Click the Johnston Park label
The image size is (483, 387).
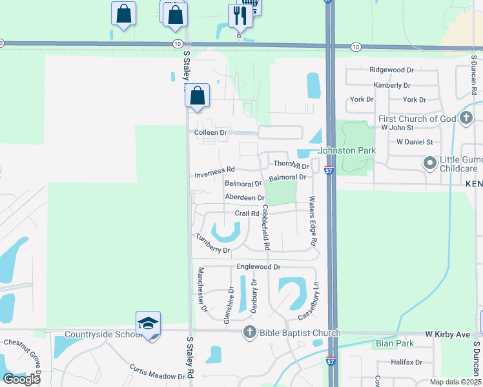pyautogui.click(x=346, y=150)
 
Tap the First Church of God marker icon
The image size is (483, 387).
pyautogui.click(x=466, y=118)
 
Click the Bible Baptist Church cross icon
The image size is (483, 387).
pyautogui.click(x=249, y=333)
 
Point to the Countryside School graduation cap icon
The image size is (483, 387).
pyautogui.click(x=148, y=322)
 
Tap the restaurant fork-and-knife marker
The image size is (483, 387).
pyautogui.click(x=241, y=15)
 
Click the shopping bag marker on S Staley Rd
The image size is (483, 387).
pyautogui.click(x=198, y=95)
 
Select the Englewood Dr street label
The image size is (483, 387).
pyautogui.click(x=258, y=266)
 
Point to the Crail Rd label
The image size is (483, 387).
pyautogui.click(x=247, y=213)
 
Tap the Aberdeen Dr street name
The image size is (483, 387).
pyautogui.click(x=245, y=197)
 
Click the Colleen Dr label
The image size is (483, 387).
pyautogui.click(x=211, y=132)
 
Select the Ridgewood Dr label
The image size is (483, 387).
pyautogui.click(x=391, y=70)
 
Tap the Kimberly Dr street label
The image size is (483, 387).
pyautogui.click(x=392, y=85)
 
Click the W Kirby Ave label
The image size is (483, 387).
pyautogui.click(x=447, y=335)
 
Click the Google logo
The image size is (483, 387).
pyautogui.click(x=21, y=379)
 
